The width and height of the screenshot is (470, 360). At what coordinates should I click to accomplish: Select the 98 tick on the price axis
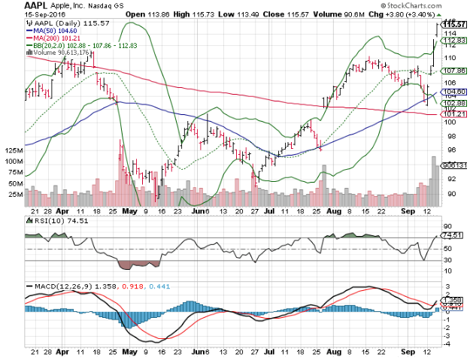point(450,137)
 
